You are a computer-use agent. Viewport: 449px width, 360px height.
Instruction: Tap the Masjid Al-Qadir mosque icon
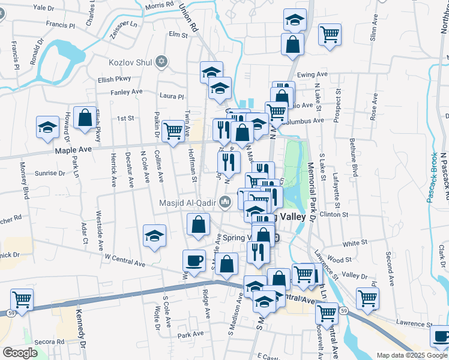225,202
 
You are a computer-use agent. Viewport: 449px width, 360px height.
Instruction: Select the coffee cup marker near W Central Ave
193,260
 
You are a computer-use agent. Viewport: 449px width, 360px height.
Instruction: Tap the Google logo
20,353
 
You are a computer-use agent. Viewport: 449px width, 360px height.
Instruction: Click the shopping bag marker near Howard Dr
85,119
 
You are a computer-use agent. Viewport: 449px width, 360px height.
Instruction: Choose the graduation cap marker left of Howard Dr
47,128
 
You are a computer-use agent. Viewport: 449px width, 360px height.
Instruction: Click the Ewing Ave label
312,74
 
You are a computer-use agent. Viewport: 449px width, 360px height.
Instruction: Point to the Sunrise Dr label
50,173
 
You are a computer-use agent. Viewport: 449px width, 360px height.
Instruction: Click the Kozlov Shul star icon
160,61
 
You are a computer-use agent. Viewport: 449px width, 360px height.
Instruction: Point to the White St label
355,243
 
